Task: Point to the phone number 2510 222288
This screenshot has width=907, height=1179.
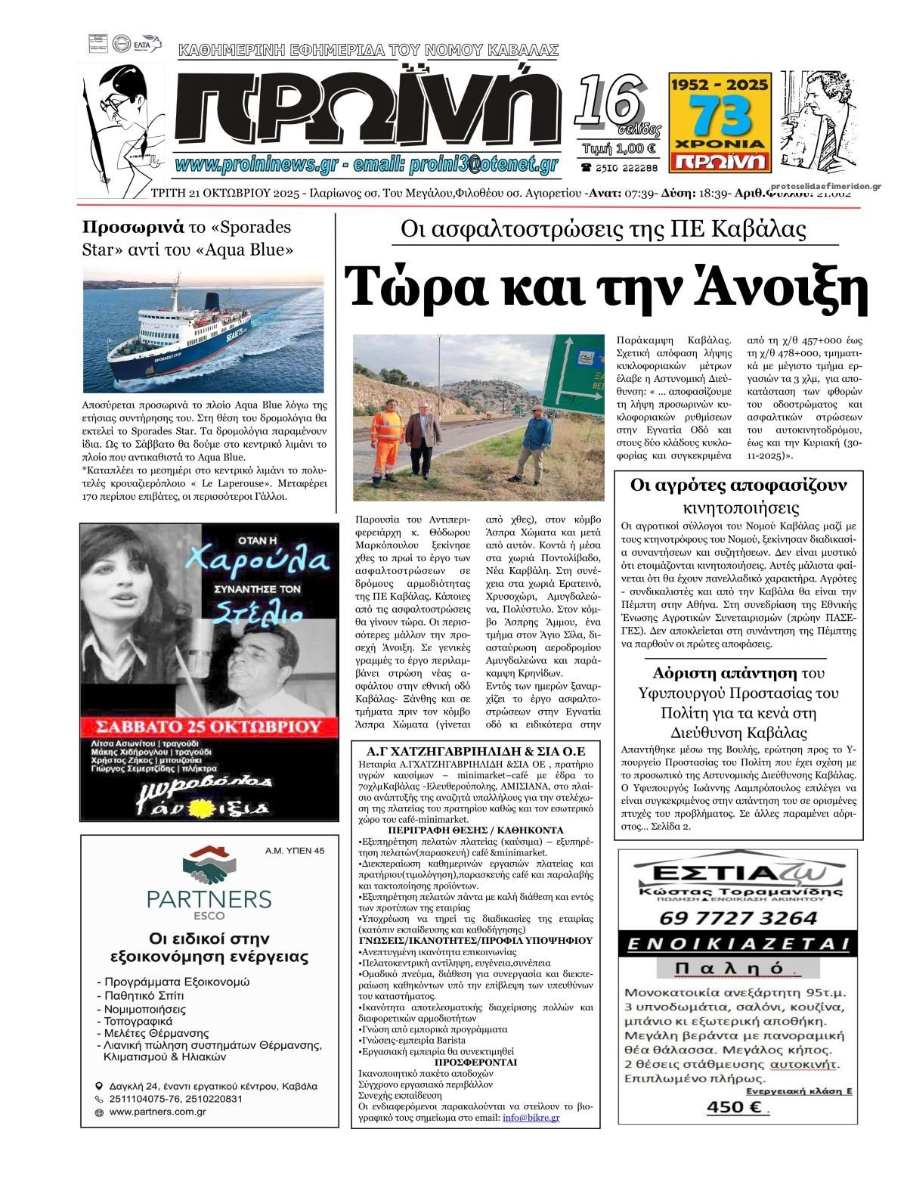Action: click(619, 167)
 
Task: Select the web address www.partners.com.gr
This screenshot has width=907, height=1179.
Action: click(158, 1112)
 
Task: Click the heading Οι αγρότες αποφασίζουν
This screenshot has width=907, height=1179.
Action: click(738, 484)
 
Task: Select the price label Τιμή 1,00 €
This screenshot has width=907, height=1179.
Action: click(620, 148)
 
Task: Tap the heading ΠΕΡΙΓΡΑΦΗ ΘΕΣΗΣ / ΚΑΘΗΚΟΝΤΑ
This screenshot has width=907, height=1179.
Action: click(475, 830)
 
